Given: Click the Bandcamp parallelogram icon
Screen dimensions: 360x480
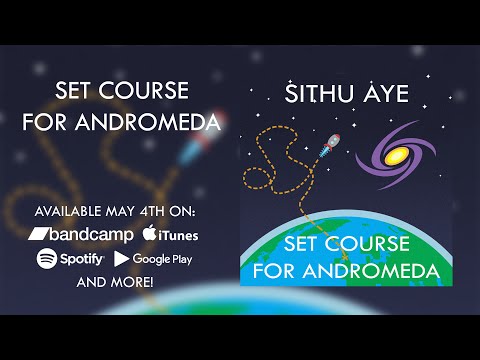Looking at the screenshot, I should coord(41,234).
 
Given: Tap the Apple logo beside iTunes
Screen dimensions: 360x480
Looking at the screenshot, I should coord(149,233).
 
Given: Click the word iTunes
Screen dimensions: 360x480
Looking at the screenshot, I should coord(178,235).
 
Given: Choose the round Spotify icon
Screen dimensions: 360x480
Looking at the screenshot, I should coord(46,258).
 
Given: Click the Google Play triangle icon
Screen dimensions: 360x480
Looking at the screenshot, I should coord(122,258).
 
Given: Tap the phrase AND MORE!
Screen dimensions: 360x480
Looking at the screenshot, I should coord(115,282).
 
